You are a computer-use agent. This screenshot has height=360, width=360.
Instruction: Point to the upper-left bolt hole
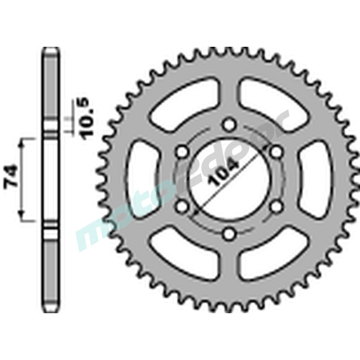(182, 152)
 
